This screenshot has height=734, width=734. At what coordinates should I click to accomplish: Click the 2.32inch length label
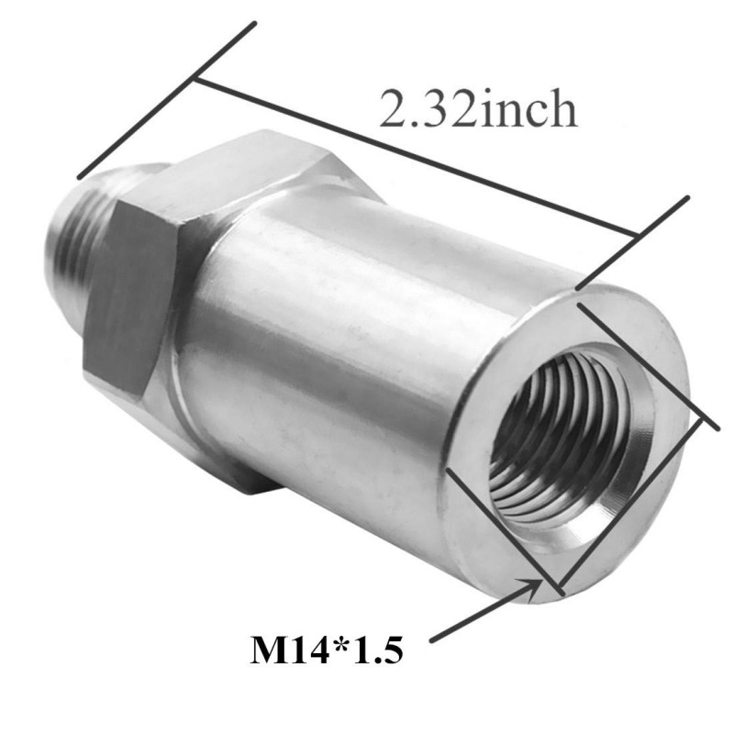(x=478, y=108)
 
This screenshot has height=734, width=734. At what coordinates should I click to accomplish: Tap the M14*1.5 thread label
(x=327, y=649)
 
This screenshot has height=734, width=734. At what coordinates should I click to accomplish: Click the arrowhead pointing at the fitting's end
(x=532, y=588)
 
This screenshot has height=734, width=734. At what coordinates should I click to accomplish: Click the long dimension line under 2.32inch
(x=416, y=157)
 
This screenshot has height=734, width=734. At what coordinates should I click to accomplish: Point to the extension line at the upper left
(x=167, y=100)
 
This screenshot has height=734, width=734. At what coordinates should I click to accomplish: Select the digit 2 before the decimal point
(x=393, y=108)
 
